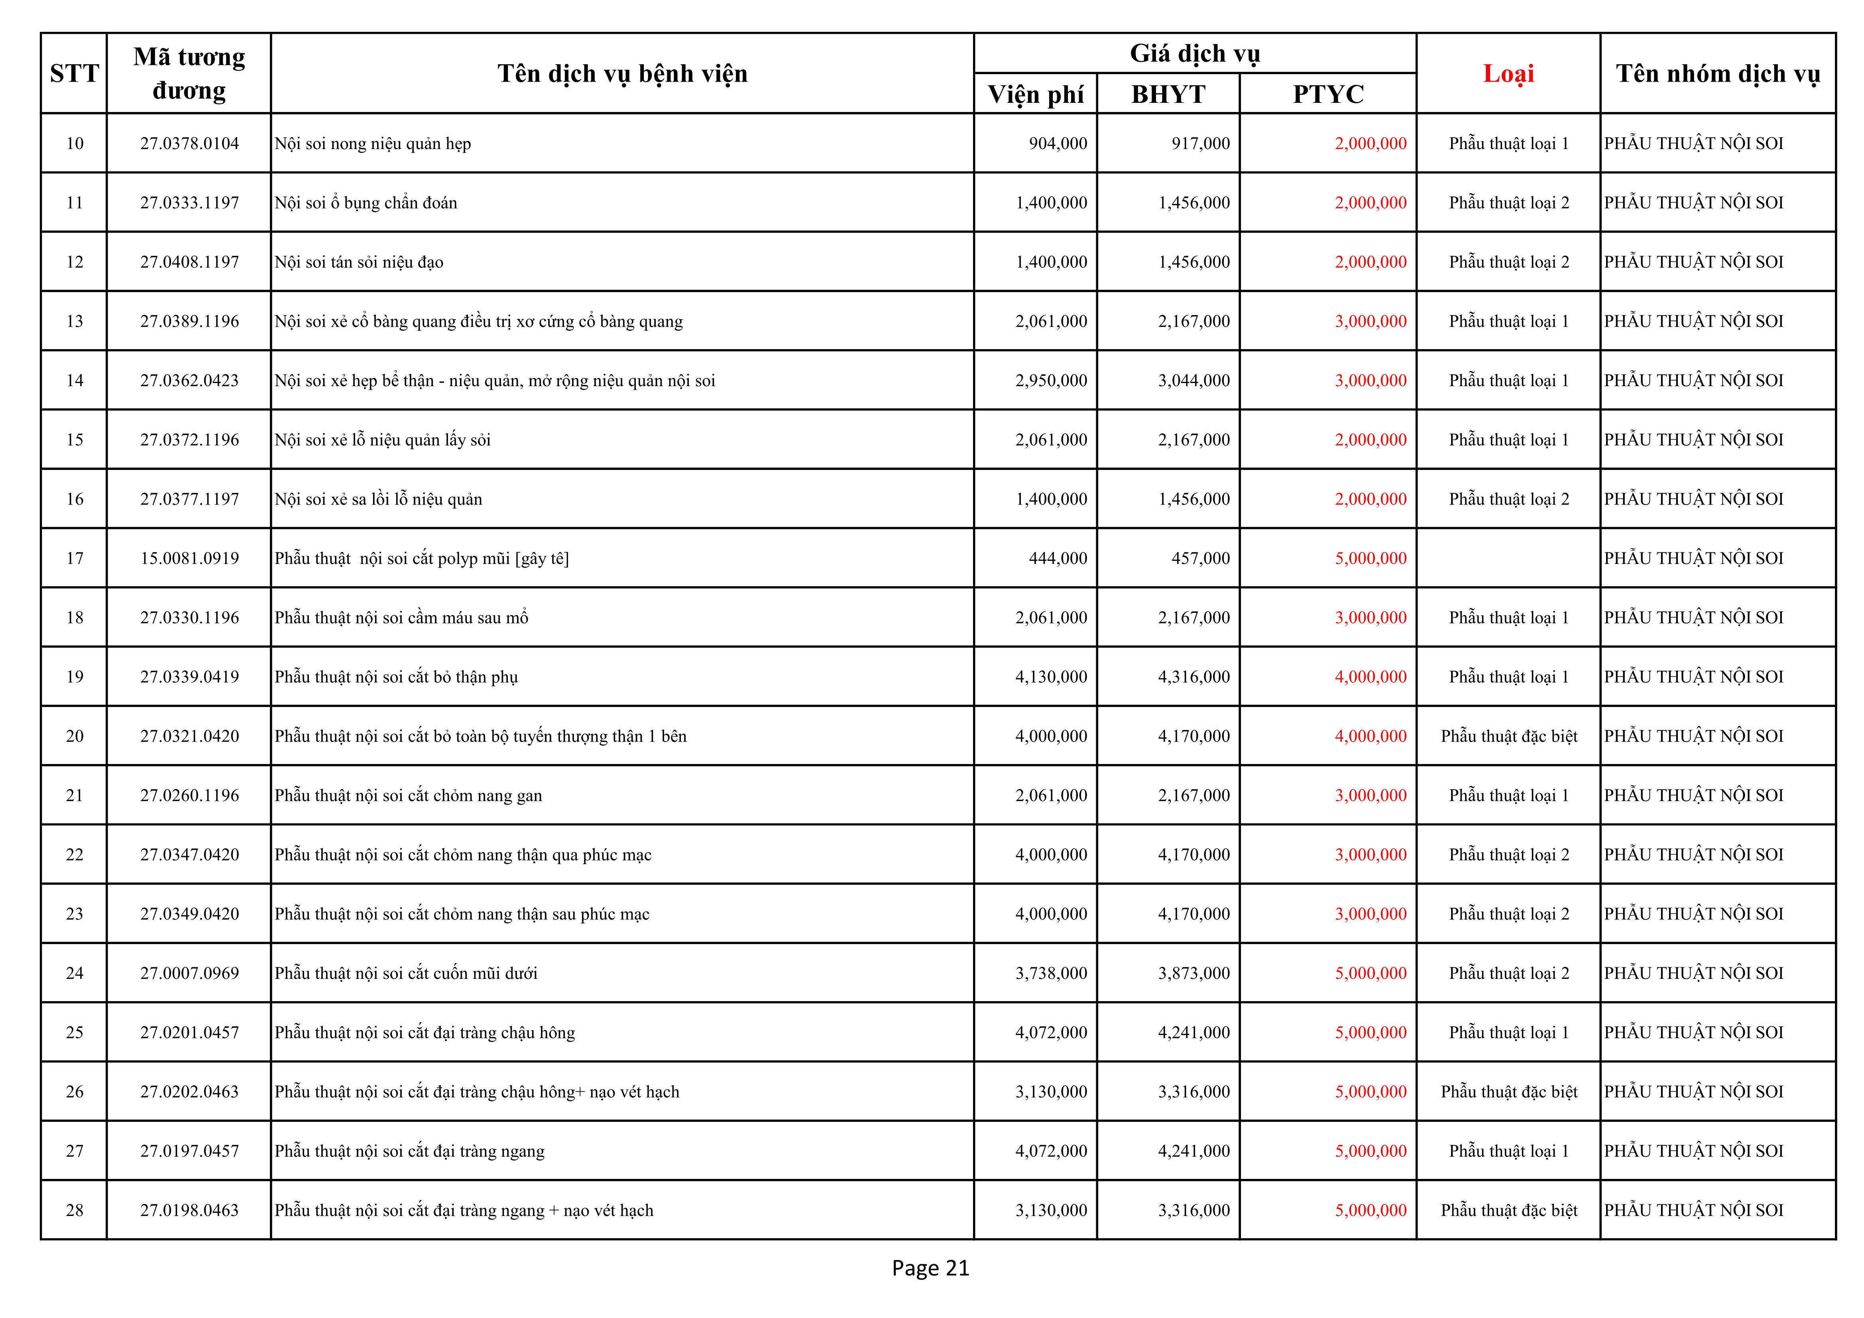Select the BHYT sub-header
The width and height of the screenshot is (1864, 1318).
pos(1168,94)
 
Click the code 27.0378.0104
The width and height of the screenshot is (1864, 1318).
pos(189,143)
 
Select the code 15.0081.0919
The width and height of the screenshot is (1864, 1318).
pos(189,558)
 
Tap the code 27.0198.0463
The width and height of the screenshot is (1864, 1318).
pos(189,1210)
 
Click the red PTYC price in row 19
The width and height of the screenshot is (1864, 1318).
pos(1370,677)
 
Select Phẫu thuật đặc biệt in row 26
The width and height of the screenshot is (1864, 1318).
pos(1508,1092)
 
